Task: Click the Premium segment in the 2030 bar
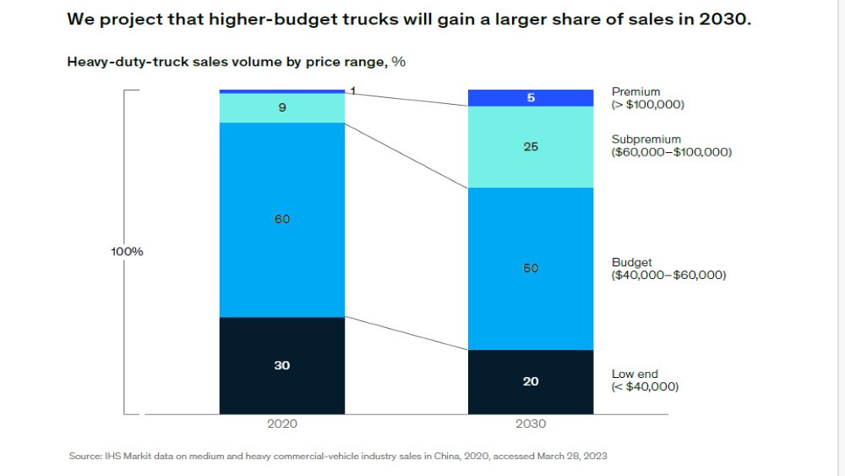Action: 531,98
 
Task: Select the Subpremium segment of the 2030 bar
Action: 531,147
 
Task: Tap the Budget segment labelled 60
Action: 282,220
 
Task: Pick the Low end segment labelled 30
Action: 282,365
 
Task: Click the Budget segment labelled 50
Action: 531,269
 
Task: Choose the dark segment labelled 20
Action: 531,382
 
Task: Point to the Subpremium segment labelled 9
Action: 282,108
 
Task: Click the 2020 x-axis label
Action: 282,424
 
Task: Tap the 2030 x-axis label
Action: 531,424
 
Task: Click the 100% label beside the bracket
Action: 127,252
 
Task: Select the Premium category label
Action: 636,91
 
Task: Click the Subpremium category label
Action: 646,140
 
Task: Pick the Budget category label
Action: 632,263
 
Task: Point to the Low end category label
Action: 635,374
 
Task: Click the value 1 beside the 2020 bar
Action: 352,90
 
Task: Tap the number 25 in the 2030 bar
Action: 531,147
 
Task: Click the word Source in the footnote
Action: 84,457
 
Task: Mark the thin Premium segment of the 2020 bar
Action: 282,91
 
